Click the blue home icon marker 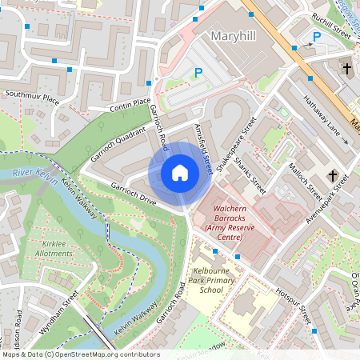pos(180,173)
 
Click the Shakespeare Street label pos(240,139)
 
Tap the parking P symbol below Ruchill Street pos(316,37)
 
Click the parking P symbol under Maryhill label pos(198,73)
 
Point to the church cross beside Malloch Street pos(334,175)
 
